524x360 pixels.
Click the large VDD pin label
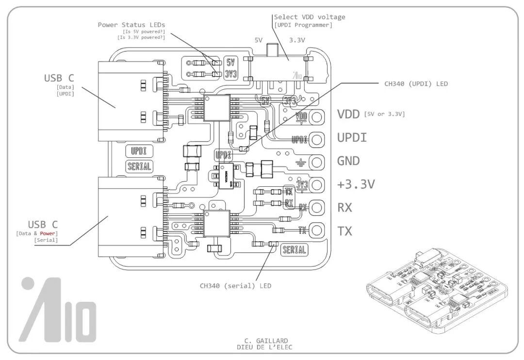[x=348, y=115]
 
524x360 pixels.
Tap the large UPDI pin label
[x=352, y=138]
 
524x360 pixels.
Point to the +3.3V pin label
[x=355, y=184]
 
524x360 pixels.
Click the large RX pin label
[x=344, y=208]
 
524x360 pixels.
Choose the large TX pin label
[x=344, y=231]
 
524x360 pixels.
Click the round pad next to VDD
[x=317, y=116]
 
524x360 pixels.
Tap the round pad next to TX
[x=317, y=229]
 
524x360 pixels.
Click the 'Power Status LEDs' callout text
[x=131, y=25]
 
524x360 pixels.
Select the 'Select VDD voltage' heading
[x=310, y=17]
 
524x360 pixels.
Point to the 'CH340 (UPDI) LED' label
[x=416, y=83]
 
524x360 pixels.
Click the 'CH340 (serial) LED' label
[x=235, y=286]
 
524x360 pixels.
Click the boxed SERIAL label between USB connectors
[x=139, y=166]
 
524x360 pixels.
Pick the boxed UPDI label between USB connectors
[x=139, y=151]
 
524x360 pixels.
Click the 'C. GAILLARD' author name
[x=264, y=341]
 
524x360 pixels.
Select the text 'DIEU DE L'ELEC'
[x=264, y=347]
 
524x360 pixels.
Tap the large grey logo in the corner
[x=57, y=311]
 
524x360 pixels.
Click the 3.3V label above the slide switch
[x=297, y=41]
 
